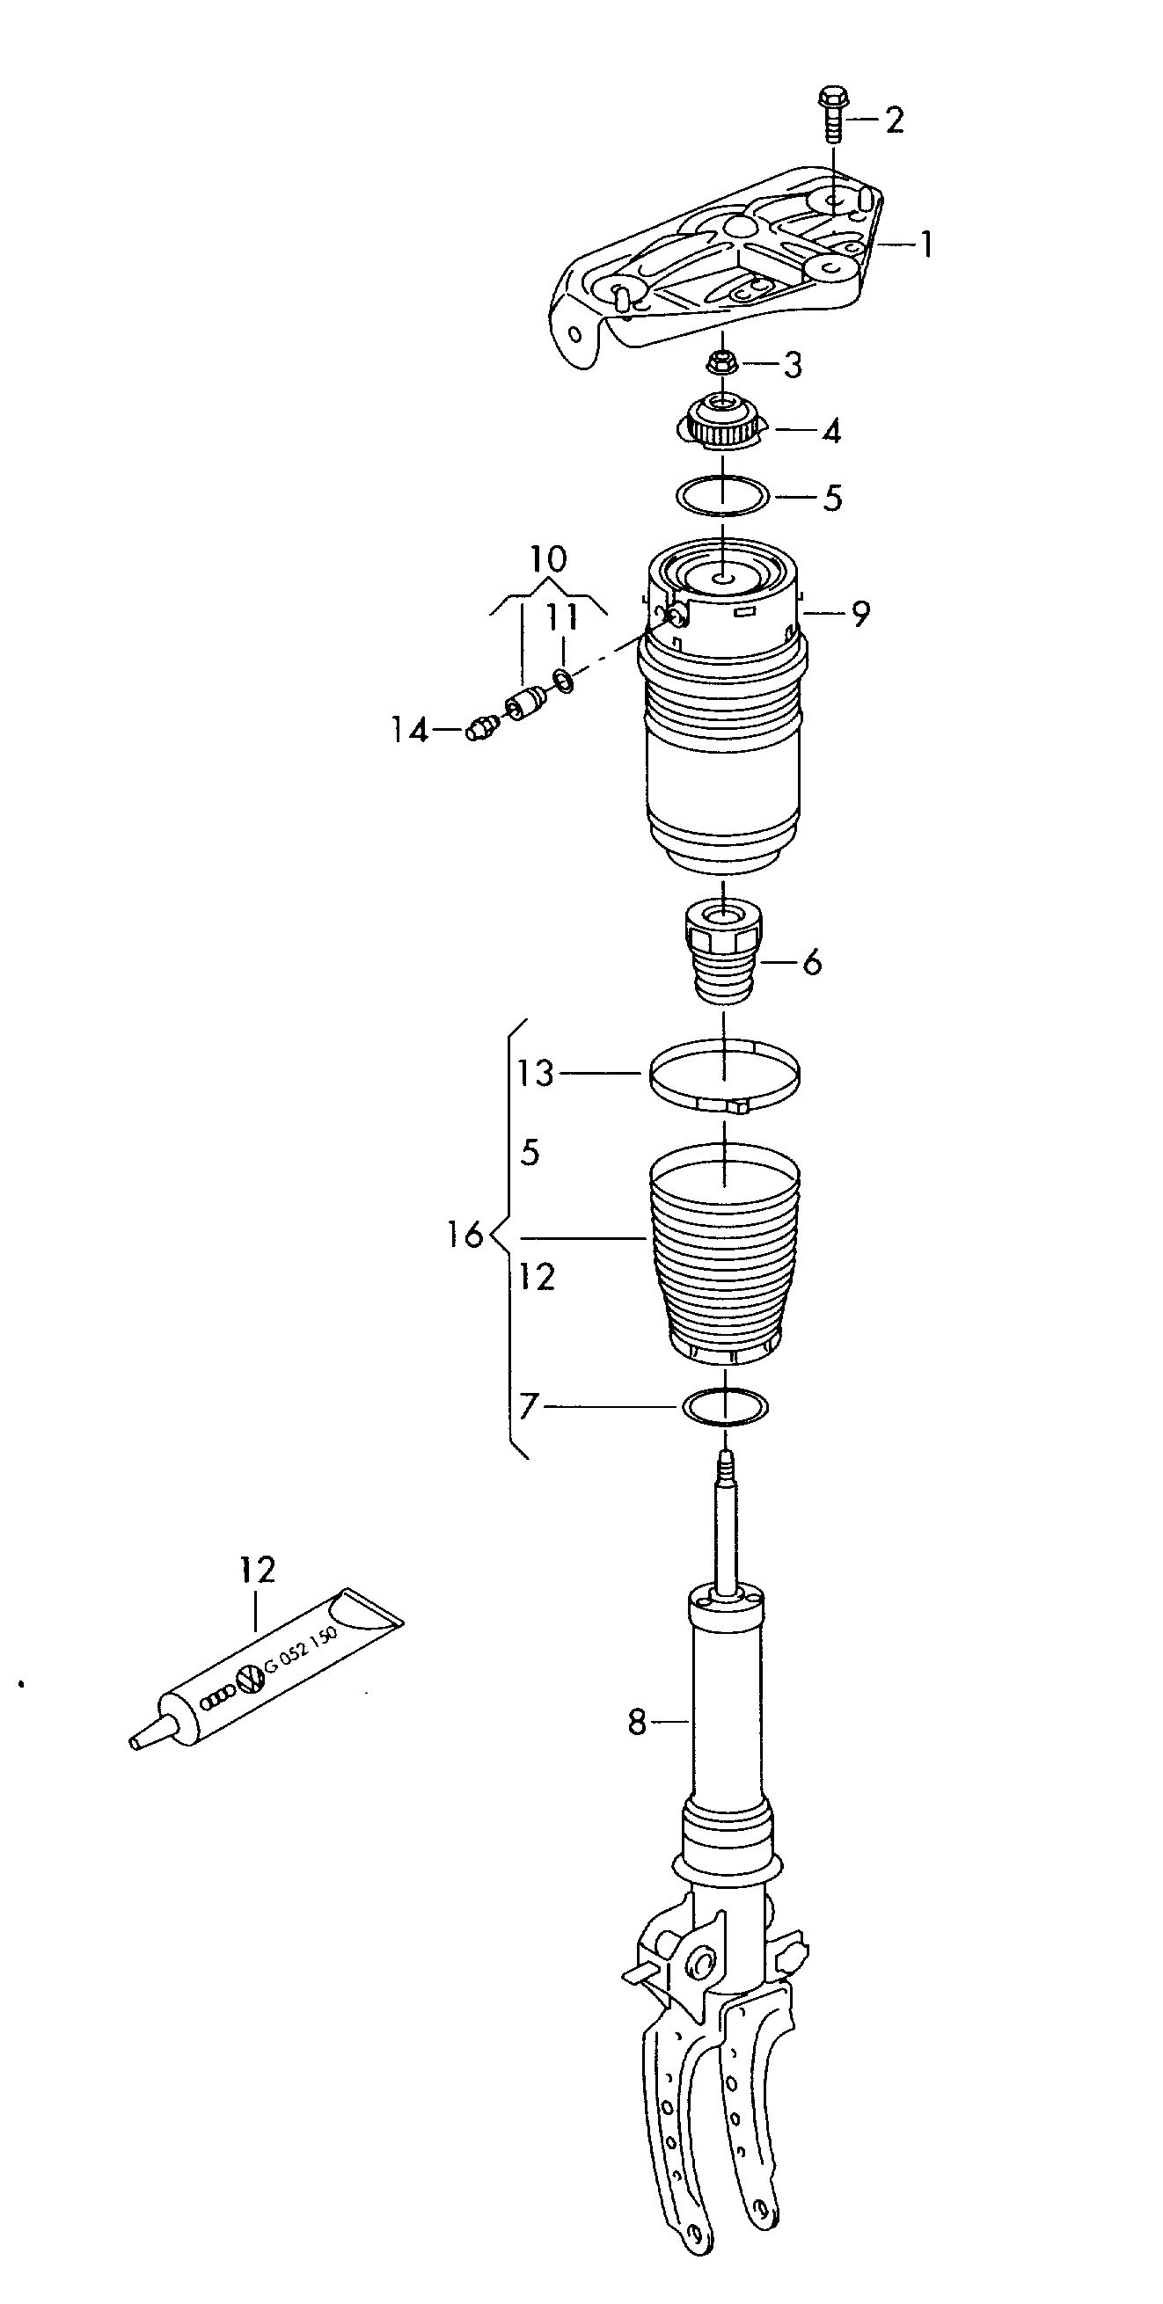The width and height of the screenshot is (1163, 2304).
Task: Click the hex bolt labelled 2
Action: [x=831, y=114]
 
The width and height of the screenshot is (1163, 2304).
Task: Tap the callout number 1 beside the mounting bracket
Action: [x=926, y=244]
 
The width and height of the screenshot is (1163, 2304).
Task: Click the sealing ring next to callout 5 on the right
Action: [x=722, y=495]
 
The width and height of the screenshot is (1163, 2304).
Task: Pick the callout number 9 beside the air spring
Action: [x=859, y=614]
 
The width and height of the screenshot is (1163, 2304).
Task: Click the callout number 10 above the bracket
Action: [x=547, y=560]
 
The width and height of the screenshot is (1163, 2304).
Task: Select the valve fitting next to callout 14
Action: [x=480, y=729]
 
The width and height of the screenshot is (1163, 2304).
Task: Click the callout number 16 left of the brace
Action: [x=464, y=1236]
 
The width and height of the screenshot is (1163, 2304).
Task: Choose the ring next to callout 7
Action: [x=725, y=1406]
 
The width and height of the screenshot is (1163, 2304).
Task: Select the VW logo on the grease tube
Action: [x=250, y=1682]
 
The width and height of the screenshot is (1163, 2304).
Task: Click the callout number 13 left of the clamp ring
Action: [x=536, y=1072]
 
